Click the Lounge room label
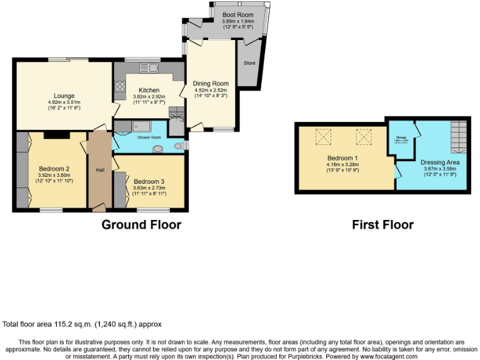(64, 96)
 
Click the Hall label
(100, 169)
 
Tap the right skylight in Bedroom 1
(363, 136)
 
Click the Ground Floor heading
(141, 225)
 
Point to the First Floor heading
(382, 225)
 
